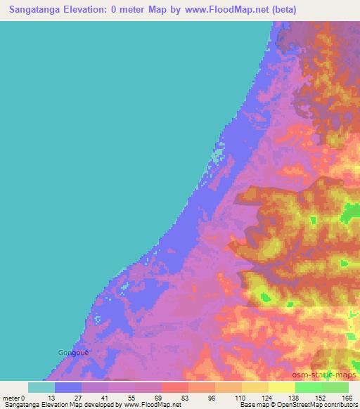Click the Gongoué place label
(73, 351)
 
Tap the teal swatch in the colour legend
(41, 387)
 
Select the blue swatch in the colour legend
(68, 387)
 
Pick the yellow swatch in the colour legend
(255, 387)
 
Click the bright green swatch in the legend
(309, 387)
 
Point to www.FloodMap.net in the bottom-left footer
(153, 405)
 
